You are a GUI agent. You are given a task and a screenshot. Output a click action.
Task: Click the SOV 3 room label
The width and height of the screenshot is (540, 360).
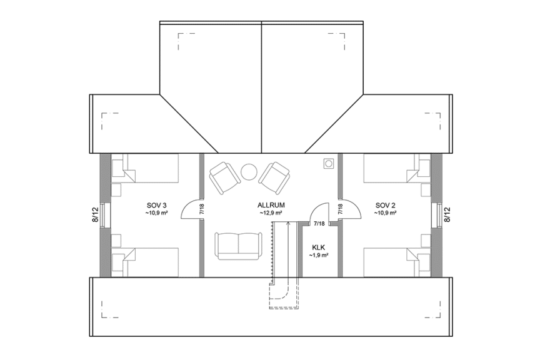[156, 205]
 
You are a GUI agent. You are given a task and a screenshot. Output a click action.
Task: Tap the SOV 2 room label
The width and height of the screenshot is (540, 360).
[385, 205]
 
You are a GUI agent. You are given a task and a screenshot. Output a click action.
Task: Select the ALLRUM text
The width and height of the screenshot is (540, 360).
[271, 205]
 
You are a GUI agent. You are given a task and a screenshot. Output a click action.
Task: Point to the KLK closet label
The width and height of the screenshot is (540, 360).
[319, 247]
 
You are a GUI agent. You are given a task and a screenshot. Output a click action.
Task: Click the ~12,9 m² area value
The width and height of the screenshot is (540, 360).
[271, 213]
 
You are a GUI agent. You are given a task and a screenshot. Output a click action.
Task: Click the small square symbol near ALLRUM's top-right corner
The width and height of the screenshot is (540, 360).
[327, 163]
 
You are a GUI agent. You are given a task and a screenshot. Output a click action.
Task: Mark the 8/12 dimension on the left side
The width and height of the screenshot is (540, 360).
[96, 214]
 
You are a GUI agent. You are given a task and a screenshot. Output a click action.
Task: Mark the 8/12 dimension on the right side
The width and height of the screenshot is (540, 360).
[447, 214]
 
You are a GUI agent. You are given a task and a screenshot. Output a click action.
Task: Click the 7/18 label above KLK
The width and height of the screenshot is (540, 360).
[319, 223]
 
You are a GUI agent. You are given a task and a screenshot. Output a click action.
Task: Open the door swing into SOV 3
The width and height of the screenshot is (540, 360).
[191, 210]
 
